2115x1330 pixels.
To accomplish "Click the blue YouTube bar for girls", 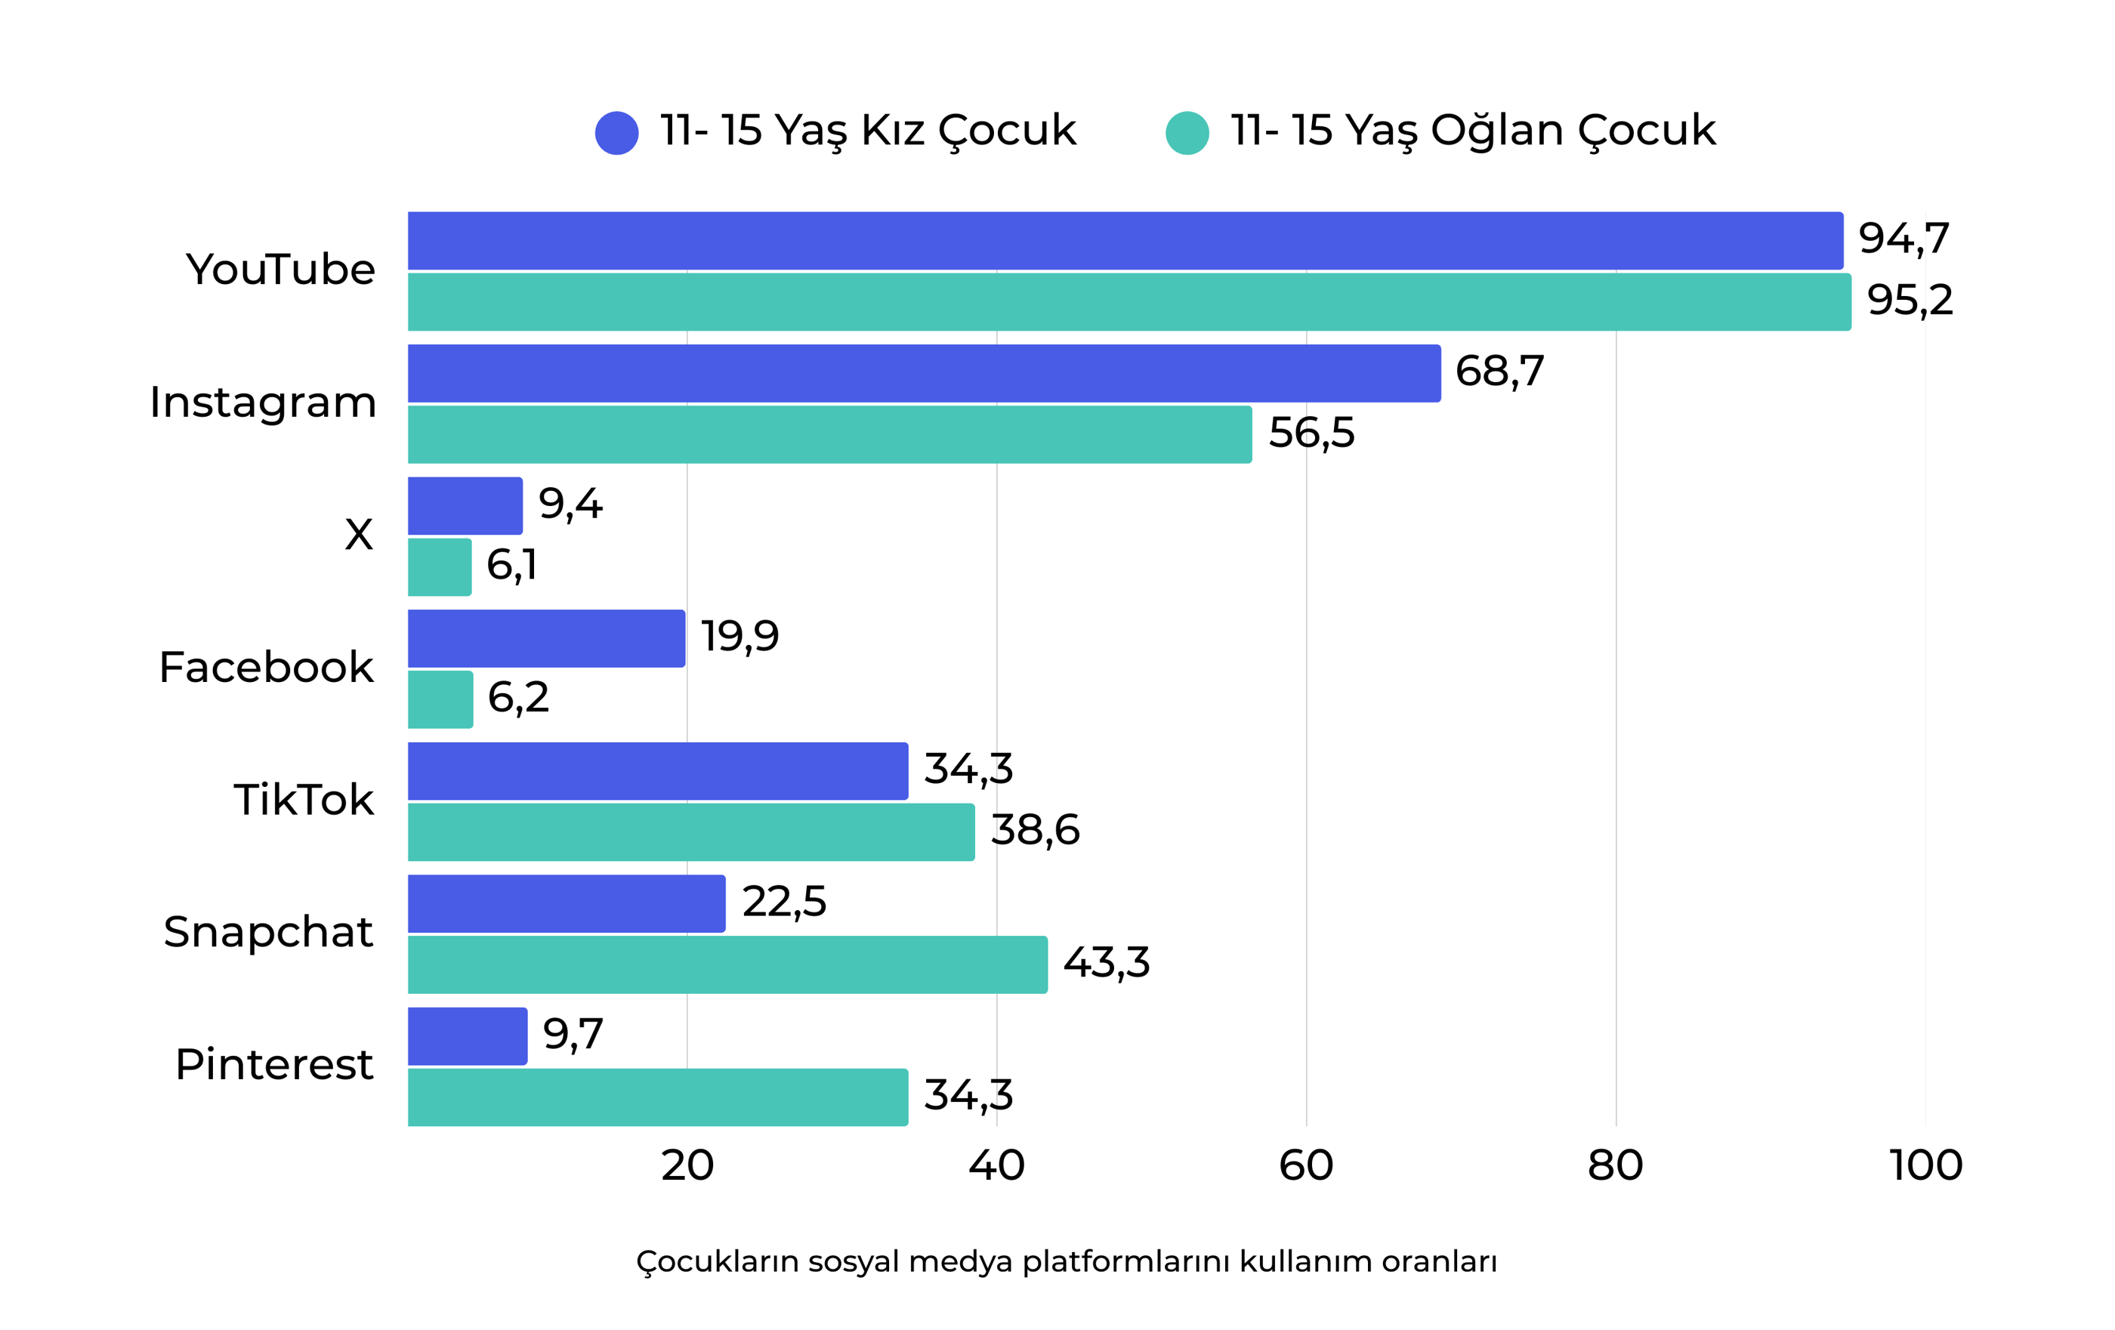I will click(1124, 241).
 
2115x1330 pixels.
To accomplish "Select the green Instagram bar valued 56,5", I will click(829, 435).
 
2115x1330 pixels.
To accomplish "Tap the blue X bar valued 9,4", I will click(465, 506).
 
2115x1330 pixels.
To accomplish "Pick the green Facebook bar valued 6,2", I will click(440, 700).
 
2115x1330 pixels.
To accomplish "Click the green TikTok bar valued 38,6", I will click(690, 832).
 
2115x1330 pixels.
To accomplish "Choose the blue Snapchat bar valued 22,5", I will click(567, 904).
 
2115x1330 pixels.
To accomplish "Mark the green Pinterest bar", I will click(657, 1097).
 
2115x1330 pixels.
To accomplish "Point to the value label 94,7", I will click(1903, 238).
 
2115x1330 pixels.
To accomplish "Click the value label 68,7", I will click(1499, 371).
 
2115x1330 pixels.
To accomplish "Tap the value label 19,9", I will click(739, 636).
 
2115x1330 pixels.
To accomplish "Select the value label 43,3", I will click(1106, 963).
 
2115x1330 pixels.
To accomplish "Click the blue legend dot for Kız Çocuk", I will click(616, 134).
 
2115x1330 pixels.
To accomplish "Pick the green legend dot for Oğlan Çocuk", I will click(1187, 134).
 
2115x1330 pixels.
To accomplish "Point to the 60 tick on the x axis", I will click(1305, 1165).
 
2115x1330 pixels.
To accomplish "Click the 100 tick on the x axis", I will click(1925, 1165).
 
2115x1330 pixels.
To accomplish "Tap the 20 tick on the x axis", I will click(687, 1165).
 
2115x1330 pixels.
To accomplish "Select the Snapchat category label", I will click(268, 932).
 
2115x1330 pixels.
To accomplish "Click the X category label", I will click(358, 534).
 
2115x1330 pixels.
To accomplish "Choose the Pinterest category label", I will click(274, 1065).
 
